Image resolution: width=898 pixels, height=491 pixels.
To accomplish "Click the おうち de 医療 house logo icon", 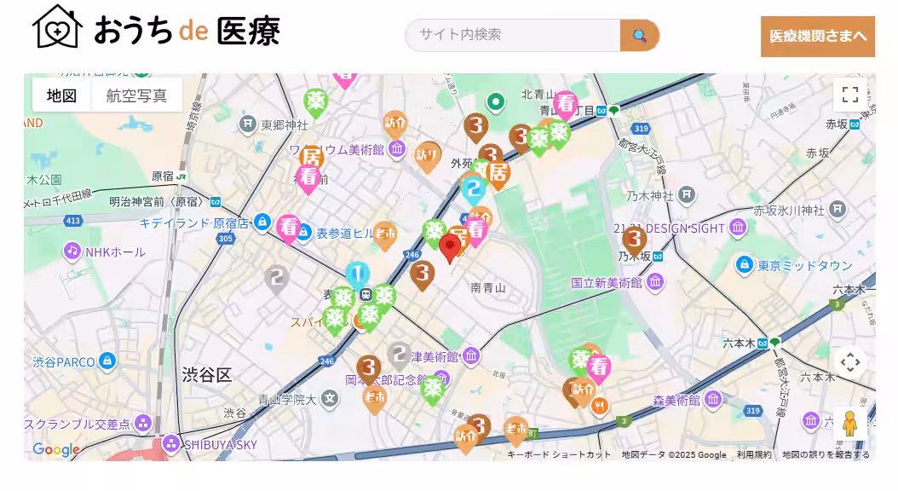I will pos(57,27).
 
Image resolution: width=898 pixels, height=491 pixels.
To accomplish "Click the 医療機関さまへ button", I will pos(817,36).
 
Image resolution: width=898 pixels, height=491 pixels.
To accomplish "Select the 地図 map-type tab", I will pos(62,95).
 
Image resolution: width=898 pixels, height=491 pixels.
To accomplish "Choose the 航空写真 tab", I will pos(137,95).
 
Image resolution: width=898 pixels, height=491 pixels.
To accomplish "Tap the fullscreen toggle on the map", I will pos(849,95).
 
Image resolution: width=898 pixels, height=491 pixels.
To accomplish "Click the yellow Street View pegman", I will pos(849,424).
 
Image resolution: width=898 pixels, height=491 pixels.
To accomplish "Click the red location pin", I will pos(451,247).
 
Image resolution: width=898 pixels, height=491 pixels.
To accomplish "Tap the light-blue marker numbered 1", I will pos(358,274).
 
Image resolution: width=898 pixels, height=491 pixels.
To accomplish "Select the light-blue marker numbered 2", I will pos(474,189).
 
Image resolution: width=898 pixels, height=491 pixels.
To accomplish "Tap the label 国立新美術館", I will pos(606,282).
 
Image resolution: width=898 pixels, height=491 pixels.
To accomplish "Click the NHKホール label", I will pos(115,251).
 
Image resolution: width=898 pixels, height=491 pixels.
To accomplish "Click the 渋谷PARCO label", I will pos(64,361).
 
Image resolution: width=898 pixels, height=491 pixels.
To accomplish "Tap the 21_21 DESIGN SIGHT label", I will pos(668,228).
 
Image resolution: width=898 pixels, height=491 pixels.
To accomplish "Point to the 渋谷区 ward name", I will pos(206,375).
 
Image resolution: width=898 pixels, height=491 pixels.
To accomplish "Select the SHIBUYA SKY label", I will pos(220,444).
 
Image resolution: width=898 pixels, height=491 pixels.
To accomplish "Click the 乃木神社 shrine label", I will pos(649,196).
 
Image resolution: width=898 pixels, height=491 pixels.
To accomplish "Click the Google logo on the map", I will pos(55,449).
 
